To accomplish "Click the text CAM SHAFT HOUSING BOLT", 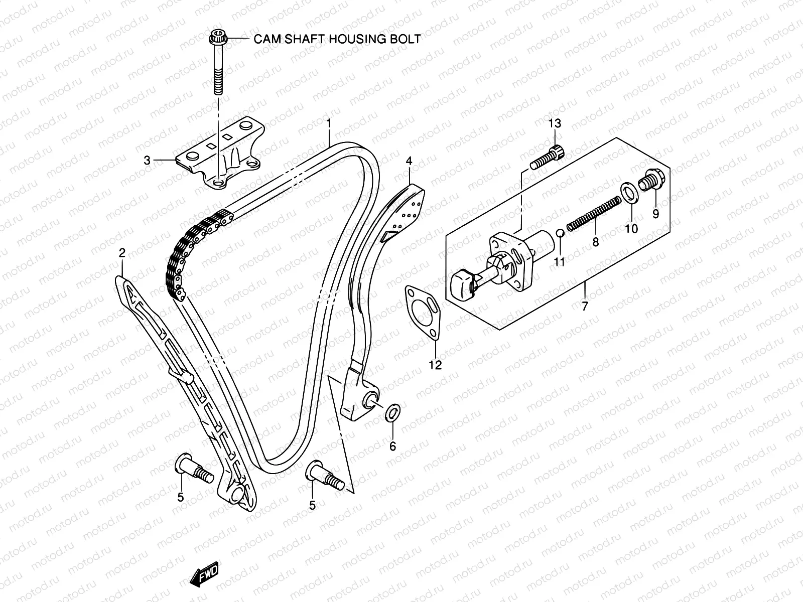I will click(x=337, y=39).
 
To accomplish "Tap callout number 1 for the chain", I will click(x=329, y=123).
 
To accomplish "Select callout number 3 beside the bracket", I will click(x=147, y=161).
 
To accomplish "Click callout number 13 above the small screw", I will click(x=555, y=124).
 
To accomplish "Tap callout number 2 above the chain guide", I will click(x=121, y=253).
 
